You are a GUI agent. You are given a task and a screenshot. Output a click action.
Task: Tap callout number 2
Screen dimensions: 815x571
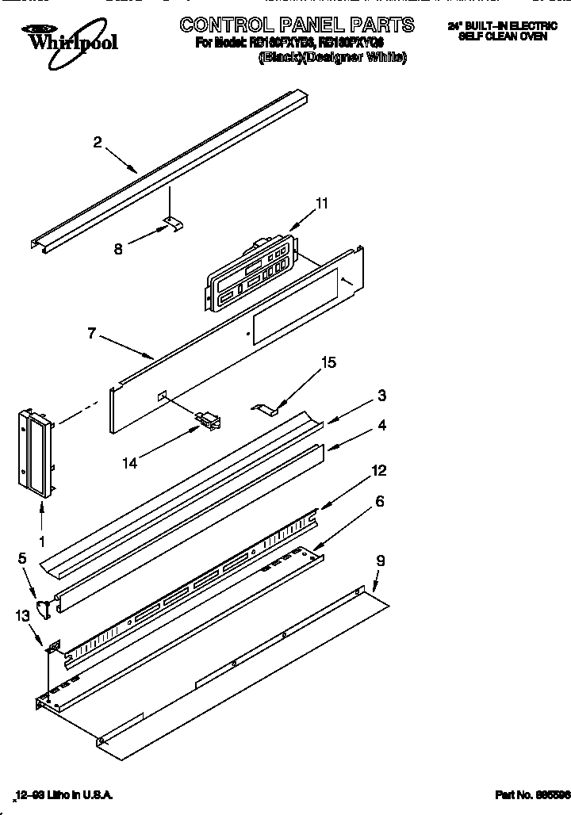pyautogui.click(x=98, y=143)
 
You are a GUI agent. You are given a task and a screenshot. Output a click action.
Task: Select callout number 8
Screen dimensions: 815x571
pyautogui.click(x=119, y=247)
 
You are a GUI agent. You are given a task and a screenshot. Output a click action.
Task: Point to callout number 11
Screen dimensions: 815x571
pyautogui.click(x=321, y=203)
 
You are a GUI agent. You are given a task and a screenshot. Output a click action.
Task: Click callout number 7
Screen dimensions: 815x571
pyautogui.click(x=93, y=334)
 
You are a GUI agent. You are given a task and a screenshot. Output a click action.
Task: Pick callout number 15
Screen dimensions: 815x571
pyautogui.click(x=328, y=362)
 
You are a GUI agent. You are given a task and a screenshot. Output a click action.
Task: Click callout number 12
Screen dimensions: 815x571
pyautogui.click(x=378, y=471)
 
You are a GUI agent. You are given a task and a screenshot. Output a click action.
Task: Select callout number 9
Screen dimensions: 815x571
pyautogui.click(x=381, y=561)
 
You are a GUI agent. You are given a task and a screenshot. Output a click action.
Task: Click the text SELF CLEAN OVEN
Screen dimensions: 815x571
pyautogui.click(x=502, y=36)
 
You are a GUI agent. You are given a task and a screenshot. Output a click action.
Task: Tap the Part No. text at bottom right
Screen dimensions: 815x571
pyautogui.click(x=523, y=794)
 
